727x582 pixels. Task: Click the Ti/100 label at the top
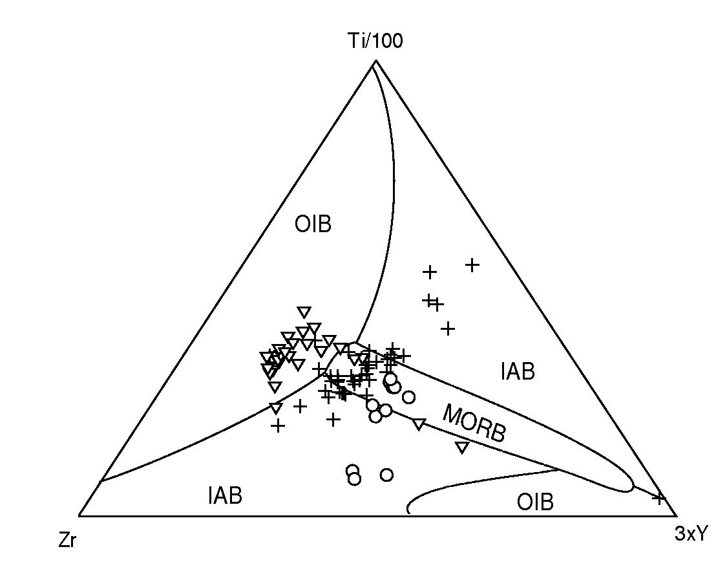[x=375, y=41]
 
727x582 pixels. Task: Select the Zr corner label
[x=67, y=541]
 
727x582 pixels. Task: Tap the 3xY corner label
[x=691, y=534]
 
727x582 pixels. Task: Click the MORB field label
[x=474, y=424]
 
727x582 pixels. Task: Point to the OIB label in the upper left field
[x=313, y=224]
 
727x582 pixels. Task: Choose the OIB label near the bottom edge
[x=535, y=502]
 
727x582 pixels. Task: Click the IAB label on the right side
[x=518, y=372]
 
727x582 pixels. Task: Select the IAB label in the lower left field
[x=225, y=496]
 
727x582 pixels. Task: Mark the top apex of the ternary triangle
[x=375, y=61]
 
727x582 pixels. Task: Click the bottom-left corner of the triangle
[x=79, y=515]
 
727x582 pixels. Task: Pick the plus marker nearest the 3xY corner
[x=659, y=498]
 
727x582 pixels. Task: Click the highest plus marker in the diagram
[x=472, y=264]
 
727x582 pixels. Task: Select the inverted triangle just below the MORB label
[x=461, y=447]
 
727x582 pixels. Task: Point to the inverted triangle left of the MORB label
[x=419, y=424]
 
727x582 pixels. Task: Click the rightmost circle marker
[x=408, y=397]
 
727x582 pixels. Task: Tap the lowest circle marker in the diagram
[x=354, y=479]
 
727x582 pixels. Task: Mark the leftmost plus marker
[x=278, y=426]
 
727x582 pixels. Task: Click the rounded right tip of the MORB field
[x=631, y=482]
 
